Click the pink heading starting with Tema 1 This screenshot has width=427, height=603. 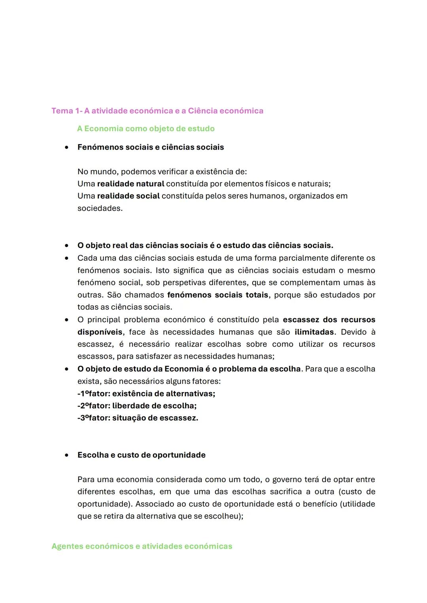coord(157,111)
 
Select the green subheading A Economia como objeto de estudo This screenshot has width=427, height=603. coord(145,129)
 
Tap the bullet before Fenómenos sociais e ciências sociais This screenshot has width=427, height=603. coord(67,147)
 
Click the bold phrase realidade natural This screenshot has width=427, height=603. coord(130,184)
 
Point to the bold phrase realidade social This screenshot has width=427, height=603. coord(128,196)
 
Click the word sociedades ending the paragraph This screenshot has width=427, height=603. coord(99,209)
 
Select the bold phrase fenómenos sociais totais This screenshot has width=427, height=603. coord(217,295)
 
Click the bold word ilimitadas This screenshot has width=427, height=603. coord(314,332)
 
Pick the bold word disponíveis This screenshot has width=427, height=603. coord(100,332)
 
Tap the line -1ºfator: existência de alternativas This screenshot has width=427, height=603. coord(146,394)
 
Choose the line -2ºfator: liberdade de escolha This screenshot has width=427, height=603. coord(137,406)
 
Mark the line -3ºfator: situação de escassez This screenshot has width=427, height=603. coord(138,418)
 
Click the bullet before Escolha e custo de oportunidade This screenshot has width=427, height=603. coord(67,455)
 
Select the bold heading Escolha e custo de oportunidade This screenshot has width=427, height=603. coord(141,455)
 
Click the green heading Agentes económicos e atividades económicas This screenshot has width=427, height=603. coord(142,547)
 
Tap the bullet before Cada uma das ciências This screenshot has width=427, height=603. coord(67,258)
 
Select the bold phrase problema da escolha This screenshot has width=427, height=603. coord(259,369)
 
